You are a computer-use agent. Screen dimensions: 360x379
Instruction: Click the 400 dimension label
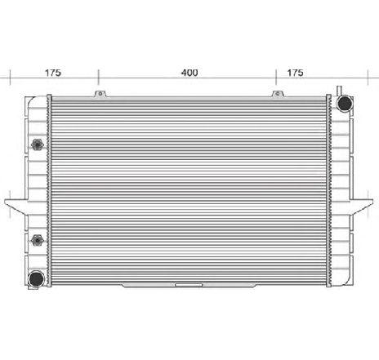point(189,73)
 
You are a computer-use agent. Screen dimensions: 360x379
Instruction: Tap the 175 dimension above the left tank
point(53,73)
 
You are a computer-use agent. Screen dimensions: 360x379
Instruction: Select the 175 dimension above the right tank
point(295,73)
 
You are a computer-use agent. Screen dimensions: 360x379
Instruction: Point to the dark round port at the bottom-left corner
point(36,279)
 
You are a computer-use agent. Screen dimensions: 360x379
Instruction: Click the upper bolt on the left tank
point(37,145)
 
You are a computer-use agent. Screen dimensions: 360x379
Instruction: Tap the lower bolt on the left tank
point(37,242)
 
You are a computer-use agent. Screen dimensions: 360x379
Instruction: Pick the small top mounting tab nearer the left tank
point(100,94)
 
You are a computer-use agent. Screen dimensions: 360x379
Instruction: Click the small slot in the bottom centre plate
point(189,285)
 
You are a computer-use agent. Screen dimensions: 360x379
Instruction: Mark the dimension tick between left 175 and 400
point(98,78)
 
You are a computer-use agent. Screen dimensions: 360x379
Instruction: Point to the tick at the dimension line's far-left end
point(9,78)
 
